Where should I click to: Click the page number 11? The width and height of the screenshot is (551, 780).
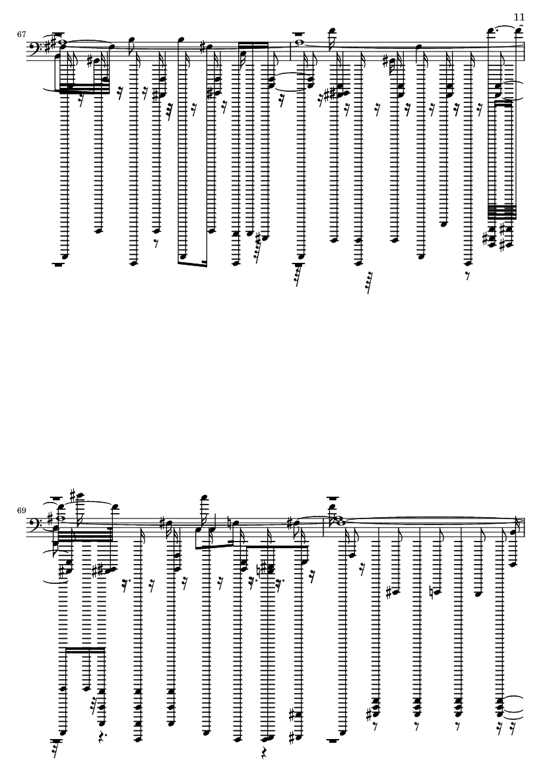[519, 17]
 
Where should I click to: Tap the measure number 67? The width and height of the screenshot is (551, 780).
[21, 34]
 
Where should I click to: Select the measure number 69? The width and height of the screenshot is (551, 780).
[21, 511]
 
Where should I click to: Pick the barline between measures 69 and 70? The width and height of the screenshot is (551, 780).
[324, 527]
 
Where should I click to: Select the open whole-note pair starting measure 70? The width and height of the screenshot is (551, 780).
[334, 521]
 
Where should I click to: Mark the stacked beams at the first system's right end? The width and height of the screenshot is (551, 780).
[503, 212]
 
